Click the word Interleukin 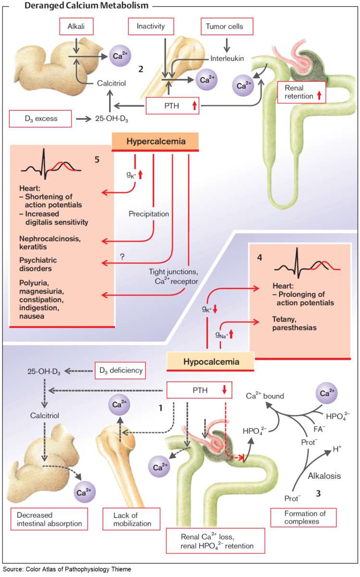(x=227, y=58)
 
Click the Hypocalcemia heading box (x=210, y=361)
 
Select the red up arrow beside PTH (x=194, y=106)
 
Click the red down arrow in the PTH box (x=224, y=390)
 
